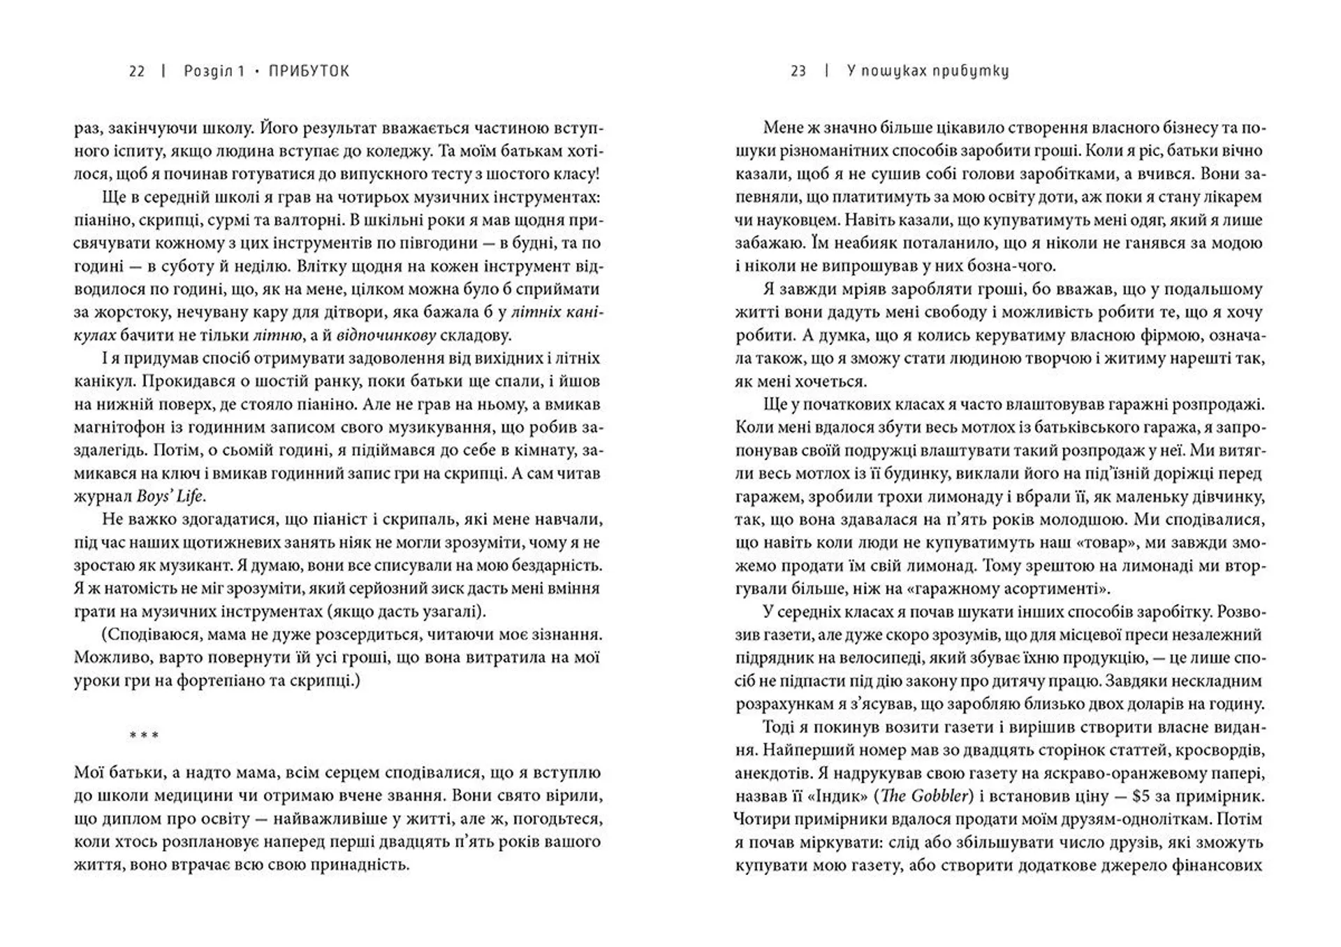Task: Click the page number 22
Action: pyautogui.click(x=137, y=71)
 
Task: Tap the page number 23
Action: pyautogui.click(x=798, y=71)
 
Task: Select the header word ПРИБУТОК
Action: pyautogui.click(x=309, y=71)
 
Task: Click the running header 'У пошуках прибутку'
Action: pyautogui.click(x=928, y=71)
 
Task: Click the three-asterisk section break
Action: pyautogui.click(x=144, y=736)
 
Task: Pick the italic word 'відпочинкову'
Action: pyautogui.click(x=387, y=335)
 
